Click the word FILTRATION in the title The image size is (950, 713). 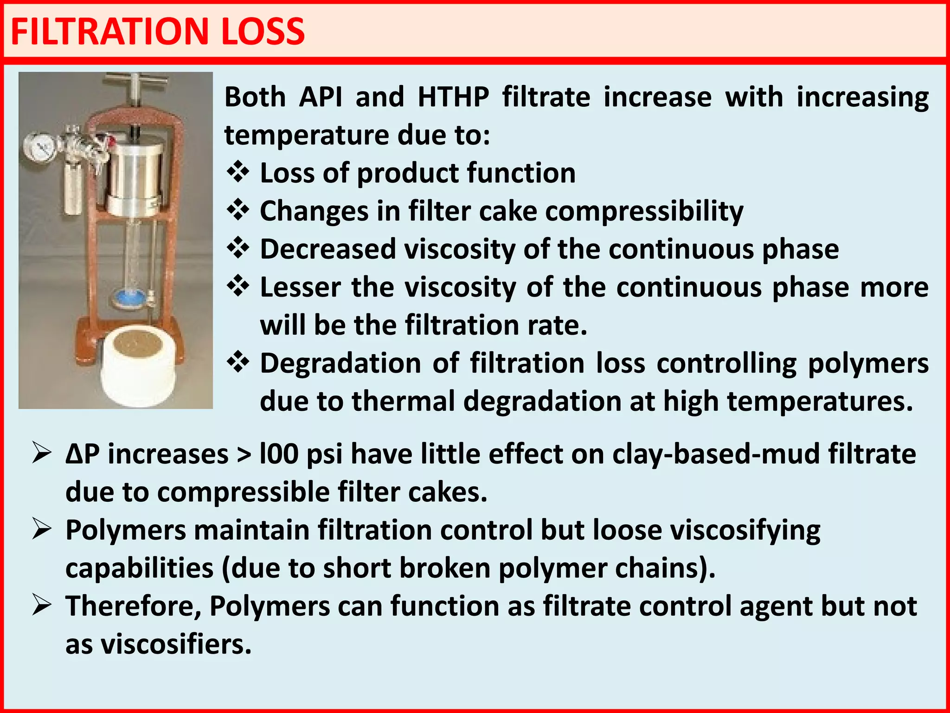[109, 32]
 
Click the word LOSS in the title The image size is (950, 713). [263, 32]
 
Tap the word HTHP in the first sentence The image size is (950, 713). [453, 97]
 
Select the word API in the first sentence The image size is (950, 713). [321, 97]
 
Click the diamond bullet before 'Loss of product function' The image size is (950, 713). [238, 173]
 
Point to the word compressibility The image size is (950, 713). [644, 212]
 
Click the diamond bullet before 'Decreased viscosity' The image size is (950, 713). [238, 248]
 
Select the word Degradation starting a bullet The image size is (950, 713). [340, 363]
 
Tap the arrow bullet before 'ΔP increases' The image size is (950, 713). [42, 453]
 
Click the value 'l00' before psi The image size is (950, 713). [279, 454]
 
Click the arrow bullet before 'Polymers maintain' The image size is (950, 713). [42, 530]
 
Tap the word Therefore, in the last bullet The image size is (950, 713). [134, 607]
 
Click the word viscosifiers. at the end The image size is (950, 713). [176, 645]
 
